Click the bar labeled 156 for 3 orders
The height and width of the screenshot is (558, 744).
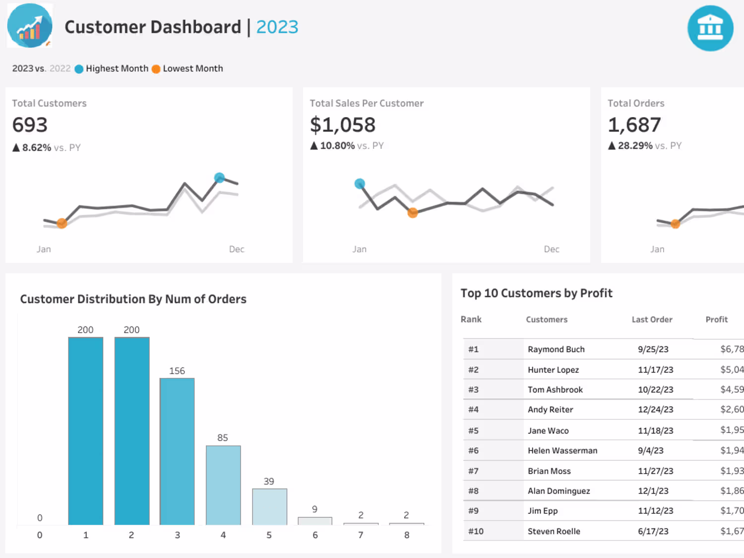pos(177,451)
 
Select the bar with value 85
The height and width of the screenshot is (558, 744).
pos(223,485)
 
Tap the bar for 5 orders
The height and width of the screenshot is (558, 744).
pos(269,506)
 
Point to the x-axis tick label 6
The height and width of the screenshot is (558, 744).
pos(315,535)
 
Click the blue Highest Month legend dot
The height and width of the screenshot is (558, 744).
pos(79,69)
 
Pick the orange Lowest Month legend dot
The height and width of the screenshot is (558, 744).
pos(156,69)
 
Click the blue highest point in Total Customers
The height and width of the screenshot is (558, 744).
pos(219,177)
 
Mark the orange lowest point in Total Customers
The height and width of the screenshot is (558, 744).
pos(62,223)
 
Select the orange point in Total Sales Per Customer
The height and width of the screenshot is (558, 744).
pos(412,213)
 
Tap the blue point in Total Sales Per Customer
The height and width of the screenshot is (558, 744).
pos(360,184)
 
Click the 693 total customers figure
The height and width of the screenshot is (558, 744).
pos(30,125)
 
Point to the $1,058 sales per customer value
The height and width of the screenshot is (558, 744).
pos(343,125)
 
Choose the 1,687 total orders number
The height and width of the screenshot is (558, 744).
pos(634,125)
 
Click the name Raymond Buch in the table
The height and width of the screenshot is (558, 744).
pos(556,349)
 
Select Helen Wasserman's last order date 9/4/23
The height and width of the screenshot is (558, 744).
pos(650,450)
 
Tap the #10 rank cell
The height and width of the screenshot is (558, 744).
pos(476,531)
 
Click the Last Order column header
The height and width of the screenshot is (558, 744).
pos(652,319)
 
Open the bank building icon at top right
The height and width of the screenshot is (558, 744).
pos(710,28)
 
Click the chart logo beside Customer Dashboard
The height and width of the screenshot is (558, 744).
pos(30,26)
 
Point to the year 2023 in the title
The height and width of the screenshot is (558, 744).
pos(277,27)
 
